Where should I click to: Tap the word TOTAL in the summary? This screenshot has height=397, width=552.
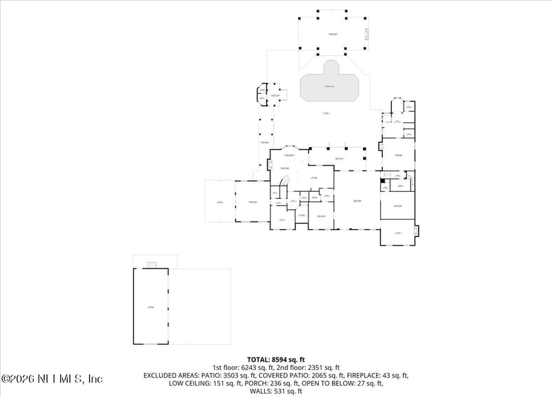coord(261,359)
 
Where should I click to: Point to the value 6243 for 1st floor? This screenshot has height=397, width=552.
coord(253,367)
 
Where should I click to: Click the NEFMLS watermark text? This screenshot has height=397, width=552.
coord(52,378)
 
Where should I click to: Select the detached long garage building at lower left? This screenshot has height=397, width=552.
coord(151,307)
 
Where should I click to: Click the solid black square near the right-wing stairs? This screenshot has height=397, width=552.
coord(384,181)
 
